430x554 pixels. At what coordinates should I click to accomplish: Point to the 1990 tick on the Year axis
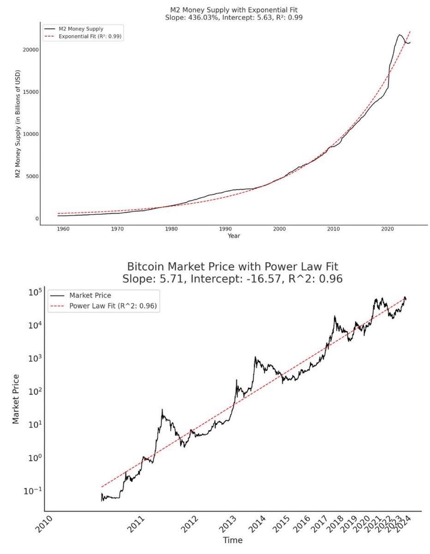(225, 229)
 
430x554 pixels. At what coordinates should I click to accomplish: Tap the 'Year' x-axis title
(233, 236)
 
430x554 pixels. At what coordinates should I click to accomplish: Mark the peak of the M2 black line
(399, 35)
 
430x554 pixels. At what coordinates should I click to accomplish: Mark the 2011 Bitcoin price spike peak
(162, 409)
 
